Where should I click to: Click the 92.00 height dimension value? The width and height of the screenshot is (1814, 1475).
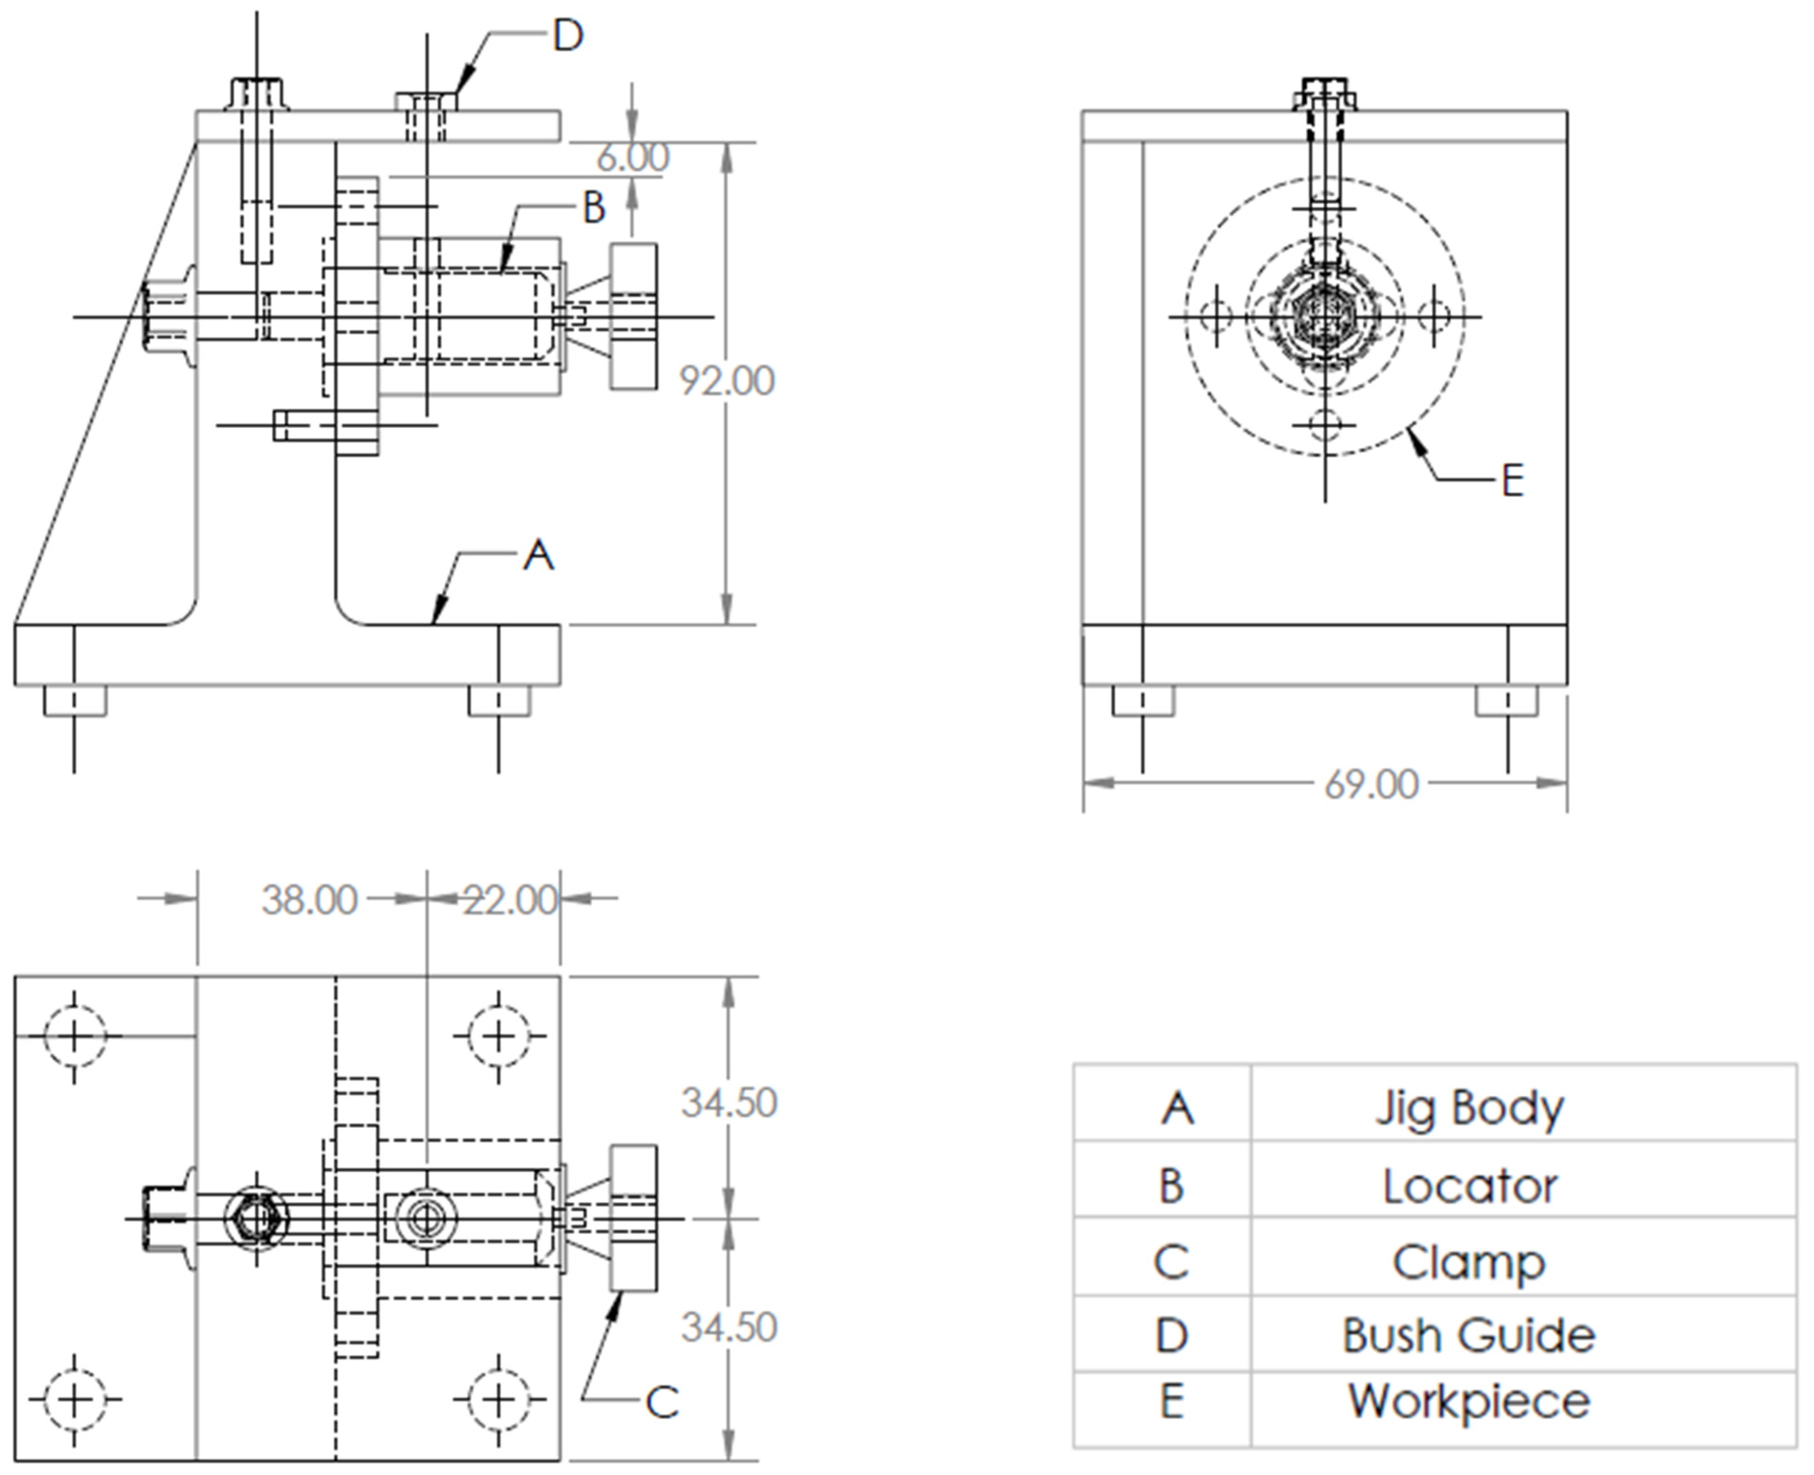(x=727, y=381)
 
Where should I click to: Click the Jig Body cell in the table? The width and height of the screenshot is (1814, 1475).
(x=1469, y=1108)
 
